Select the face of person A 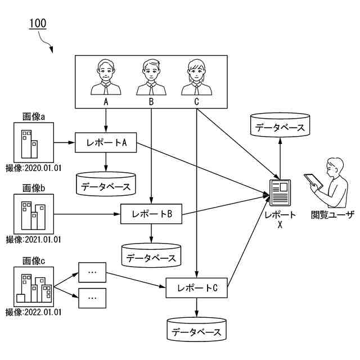pos(105,71)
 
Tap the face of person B pos(151,71)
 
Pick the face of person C pos(196,71)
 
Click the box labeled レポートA pos(106,143)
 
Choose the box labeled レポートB pos(151,214)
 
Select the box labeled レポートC pos(196,288)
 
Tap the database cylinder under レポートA pos(106,184)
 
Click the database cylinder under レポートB pos(151,256)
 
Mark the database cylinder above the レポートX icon pos(280,125)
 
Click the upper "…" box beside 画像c pos(92,272)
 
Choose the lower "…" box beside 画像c pos(92,298)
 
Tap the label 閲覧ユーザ pos(332,214)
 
